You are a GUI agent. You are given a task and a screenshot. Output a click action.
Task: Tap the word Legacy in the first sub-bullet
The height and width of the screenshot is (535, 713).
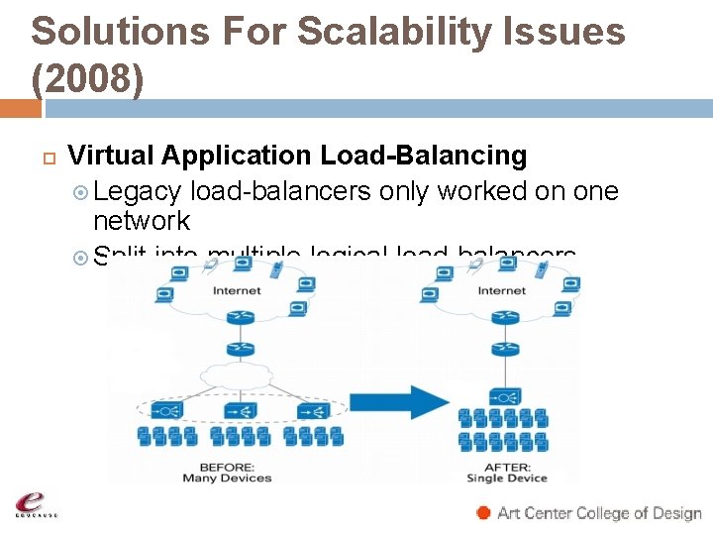[x=138, y=191]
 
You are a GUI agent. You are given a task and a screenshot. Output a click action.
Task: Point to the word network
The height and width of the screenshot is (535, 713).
[x=141, y=220]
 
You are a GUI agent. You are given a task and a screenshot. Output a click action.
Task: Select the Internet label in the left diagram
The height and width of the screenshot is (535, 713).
[x=237, y=290]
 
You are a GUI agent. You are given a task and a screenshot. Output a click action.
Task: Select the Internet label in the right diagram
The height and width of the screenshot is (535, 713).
[x=502, y=290]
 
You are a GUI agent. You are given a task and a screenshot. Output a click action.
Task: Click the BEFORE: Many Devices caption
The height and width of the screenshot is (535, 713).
[x=228, y=472]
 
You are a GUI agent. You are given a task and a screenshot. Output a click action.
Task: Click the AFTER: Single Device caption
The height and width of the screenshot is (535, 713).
[x=507, y=472]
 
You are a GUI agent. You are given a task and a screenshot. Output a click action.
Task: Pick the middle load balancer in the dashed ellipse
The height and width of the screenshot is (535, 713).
[x=237, y=407]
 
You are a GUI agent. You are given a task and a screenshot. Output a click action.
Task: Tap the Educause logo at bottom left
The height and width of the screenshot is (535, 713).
[x=35, y=503]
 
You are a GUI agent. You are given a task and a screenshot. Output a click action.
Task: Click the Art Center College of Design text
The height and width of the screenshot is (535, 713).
[x=599, y=513]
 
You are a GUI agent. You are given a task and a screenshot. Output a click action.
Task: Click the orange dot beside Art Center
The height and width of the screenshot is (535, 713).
[x=483, y=512]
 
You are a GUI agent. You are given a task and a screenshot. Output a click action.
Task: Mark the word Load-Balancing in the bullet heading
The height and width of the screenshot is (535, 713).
[x=423, y=156]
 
